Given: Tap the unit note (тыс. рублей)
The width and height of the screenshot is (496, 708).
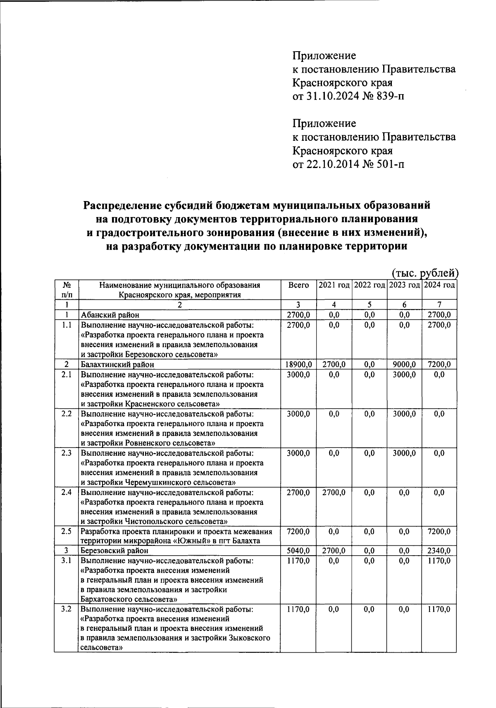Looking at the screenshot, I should tap(425, 273).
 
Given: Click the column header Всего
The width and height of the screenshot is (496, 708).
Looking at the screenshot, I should tap(298, 285).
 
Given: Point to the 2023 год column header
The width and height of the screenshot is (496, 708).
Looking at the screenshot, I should tap(404, 285).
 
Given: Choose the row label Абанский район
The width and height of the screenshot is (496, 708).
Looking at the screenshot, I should tap(110, 315).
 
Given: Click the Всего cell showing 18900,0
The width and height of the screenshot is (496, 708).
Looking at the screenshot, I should tap(298, 365).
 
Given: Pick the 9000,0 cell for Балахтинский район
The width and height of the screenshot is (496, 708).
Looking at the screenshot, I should tap(404, 365).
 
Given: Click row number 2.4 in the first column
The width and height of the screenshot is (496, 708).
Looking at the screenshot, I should tap(66, 493).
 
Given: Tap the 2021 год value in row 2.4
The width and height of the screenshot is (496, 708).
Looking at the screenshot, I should tap(334, 493).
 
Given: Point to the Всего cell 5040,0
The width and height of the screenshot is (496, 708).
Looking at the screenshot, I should tap(298, 551).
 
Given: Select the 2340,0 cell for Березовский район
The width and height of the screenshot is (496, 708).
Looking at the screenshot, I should tap(439, 551).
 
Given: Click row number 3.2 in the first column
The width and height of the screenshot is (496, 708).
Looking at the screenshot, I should tap(66, 609).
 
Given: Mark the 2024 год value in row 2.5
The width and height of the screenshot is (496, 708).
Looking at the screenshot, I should tap(439, 532).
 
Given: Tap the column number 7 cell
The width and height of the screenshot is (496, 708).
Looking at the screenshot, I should tap(439, 305).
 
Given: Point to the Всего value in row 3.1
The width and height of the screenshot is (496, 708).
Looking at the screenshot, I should tap(298, 561).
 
